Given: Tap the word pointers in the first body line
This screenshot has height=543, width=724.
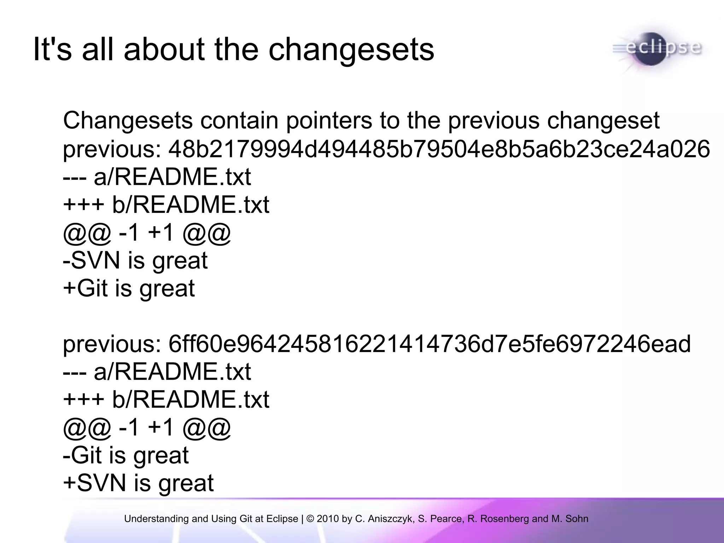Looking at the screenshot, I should tap(329, 121).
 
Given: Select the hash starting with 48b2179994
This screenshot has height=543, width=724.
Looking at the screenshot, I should tap(439, 149).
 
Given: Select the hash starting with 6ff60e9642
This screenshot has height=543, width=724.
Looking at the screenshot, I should tap(429, 344).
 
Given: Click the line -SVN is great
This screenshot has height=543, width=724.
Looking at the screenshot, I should tap(135, 261).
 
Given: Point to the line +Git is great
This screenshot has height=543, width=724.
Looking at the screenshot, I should tap(129, 288).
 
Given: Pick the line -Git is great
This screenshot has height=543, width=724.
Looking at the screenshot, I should tap(125, 455).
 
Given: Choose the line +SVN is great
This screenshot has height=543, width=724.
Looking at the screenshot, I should tap(138, 483).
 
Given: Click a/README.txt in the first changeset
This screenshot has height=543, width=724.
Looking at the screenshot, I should tap(172, 177).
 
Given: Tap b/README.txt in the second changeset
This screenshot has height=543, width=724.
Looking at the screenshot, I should tap(191, 399).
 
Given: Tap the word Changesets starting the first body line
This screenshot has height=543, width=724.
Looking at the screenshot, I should tap(128, 121).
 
